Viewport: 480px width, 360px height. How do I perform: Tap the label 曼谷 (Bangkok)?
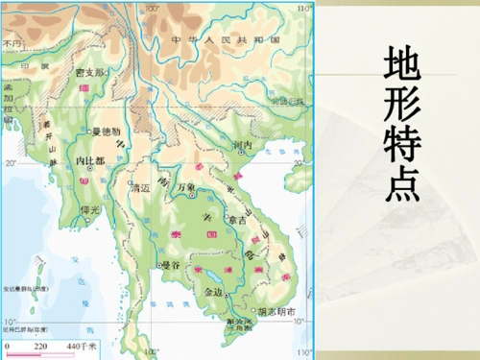click(x=171, y=263)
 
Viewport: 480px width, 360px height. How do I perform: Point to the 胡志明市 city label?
click(x=279, y=311)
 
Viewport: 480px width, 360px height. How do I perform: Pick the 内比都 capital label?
click(x=89, y=160)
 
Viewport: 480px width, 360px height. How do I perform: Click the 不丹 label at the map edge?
click(x=12, y=44)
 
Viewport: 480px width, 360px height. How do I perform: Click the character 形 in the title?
click(x=401, y=105)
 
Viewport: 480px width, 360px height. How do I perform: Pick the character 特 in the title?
click(x=401, y=145)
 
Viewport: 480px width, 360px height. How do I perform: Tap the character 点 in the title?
click(x=401, y=185)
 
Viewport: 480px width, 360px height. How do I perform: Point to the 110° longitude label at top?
click(x=304, y=8)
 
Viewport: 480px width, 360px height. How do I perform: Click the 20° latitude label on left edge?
click(x=10, y=162)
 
